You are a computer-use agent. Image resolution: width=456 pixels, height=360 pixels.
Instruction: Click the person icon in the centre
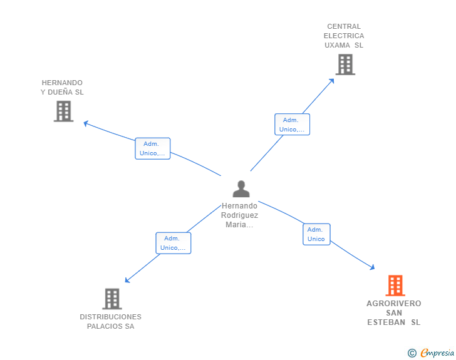pyautogui.click(x=241, y=188)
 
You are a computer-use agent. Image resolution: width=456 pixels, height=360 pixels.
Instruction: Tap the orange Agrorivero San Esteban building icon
pyautogui.click(x=395, y=285)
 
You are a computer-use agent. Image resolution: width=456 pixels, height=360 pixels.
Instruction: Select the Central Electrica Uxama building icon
pyautogui.click(x=345, y=64)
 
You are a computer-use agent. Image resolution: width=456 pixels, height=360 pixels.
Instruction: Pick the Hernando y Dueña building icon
pyautogui.click(x=63, y=111)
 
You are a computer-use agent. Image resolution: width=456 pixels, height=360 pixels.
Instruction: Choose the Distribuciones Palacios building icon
pyautogui.click(x=111, y=299)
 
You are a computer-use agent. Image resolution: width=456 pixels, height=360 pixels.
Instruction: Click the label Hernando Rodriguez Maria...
pyautogui.click(x=239, y=215)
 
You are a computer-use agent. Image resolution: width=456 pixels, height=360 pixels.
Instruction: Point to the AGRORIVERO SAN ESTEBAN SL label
pyautogui.click(x=394, y=313)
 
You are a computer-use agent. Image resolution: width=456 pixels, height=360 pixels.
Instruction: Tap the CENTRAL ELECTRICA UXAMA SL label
pyautogui.click(x=344, y=36)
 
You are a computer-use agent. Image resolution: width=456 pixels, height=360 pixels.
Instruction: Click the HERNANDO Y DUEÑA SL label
pyautogui.click(x=62, y=88)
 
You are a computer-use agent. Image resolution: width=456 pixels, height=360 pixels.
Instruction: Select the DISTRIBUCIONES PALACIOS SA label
pyautogui.click(x=110, y=321)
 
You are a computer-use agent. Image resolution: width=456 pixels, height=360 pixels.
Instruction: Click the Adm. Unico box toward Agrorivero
pyautogui.click(x=316, y=234)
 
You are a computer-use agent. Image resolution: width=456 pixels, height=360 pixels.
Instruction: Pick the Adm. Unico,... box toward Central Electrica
pyautogui.click(x=292, y=125)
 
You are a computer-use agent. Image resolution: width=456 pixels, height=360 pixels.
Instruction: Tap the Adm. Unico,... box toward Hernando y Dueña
pyautogui.click(x=152, y=148)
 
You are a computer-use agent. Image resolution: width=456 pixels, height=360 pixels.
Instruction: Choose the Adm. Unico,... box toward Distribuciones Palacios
pyautogui.click(x=173, y=243)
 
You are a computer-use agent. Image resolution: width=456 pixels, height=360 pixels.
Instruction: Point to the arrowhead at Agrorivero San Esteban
pyautogui.click(x=373, y=267)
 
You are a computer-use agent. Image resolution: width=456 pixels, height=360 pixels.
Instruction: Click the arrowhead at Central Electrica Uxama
pyautogui.click(x=332, y=80)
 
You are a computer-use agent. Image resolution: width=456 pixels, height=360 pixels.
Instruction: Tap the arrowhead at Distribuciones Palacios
pyautogui.click(x=127, y=280)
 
